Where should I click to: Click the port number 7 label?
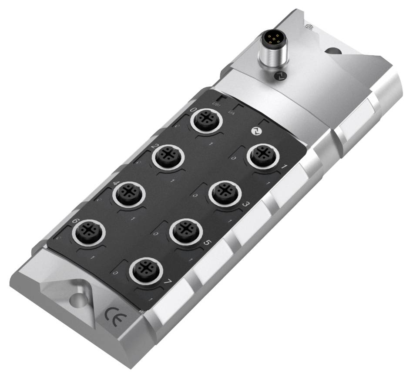(167, 283)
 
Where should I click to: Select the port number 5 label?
(206, 245)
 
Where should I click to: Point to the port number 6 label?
(75, 221)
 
